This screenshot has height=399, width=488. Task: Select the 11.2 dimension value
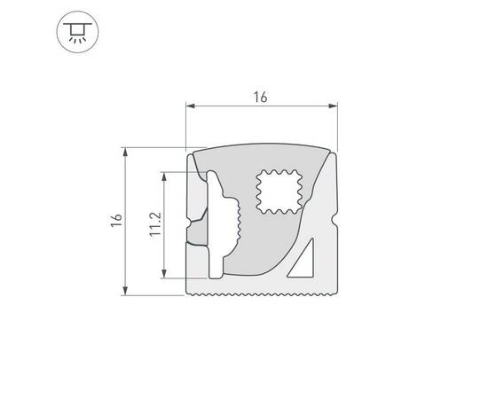coord(154,225)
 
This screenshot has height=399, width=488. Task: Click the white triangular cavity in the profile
coord(303,260)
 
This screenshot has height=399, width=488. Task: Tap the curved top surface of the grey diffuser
coord(262,148)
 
